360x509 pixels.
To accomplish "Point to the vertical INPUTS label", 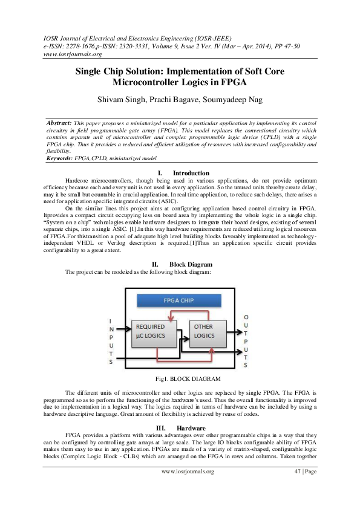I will (110, 341).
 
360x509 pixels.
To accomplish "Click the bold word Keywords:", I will (60, 158).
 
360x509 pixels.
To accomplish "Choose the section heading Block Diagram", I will (191, 264).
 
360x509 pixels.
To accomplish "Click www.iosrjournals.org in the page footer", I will (188, 488).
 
